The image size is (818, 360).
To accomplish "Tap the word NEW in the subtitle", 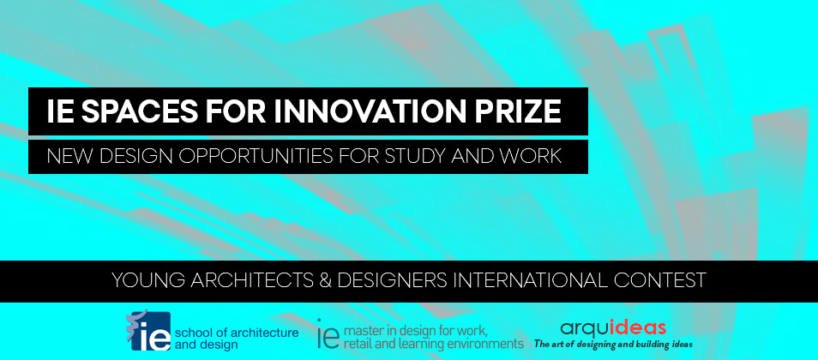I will pos(69,157).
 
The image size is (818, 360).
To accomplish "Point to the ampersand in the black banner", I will pos(317,280).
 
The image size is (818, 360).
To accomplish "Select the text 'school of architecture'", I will pos(238,331).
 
